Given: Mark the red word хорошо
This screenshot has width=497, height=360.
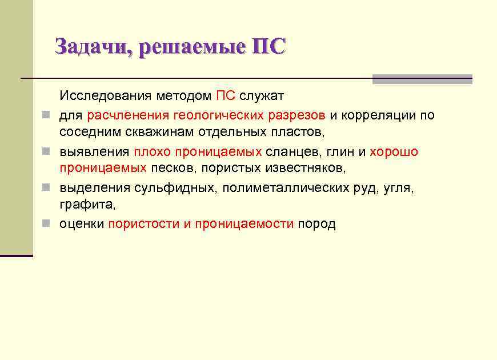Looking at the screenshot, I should [394, 152].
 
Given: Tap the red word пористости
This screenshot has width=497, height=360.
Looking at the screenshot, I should [143, 224].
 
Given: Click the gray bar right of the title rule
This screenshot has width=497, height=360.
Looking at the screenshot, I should [422, 79].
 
